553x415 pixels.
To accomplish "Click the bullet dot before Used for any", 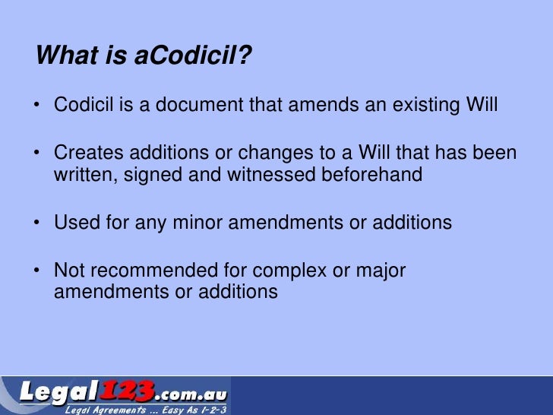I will pyautogui.click(x=39, y=223).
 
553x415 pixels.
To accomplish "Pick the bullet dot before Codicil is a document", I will pyautogui.click(x=39, y=105).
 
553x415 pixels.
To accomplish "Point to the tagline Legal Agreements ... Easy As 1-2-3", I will pyautogui.click(x=145, y=410).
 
